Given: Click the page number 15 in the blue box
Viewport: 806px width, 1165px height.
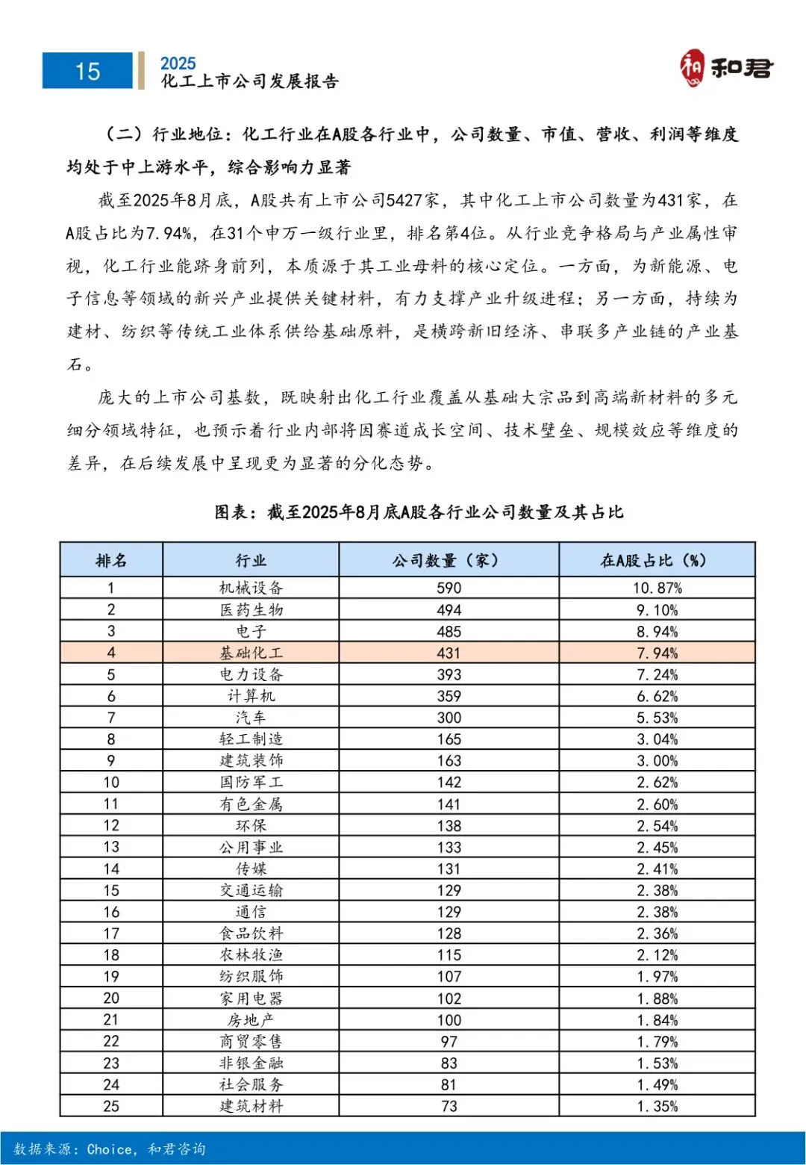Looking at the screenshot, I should click(x=87, y=71).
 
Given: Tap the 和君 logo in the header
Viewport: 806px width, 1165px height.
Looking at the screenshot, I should click(x=725, y=69).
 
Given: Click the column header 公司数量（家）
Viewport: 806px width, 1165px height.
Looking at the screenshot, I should click(x=449, y=560).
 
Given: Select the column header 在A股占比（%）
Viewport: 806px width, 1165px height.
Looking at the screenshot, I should click(x=657, y=560).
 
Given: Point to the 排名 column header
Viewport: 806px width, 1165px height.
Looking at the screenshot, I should click(x=111, y=560).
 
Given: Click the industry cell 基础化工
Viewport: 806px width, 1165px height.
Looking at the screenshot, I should click(x=251, y=653).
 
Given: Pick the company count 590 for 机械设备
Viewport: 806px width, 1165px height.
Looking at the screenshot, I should click(x=449, y=588).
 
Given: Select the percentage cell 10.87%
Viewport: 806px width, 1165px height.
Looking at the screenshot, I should click(x=657, y=588).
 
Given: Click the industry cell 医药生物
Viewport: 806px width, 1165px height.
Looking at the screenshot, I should click(x=251, y=609).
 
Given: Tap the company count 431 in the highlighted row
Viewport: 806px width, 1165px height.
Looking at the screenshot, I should click(x=449, y=653).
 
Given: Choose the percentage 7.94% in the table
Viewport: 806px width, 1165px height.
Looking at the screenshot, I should click(x=657, y=653).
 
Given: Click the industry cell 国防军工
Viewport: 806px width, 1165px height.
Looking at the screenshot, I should click(x=251, y=782).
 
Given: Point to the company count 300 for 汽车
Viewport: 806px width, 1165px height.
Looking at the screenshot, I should click(x=449, y=718).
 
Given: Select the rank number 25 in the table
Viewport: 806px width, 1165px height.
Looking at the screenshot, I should click(x=111, y=1106).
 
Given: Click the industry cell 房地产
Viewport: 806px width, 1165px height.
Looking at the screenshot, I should click(x=251, y=1020).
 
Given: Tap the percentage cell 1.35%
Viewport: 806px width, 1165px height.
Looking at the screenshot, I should click(x=657, y=1106).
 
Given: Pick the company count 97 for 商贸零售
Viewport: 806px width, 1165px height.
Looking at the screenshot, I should click(x=449, y=1042).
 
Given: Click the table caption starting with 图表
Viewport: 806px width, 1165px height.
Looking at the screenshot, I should click(x=419, y=512).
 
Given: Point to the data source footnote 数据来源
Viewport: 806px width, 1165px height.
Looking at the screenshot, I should click(x=109, y=1149).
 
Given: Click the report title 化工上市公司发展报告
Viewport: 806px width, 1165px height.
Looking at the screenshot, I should click(x=250, y=81).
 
